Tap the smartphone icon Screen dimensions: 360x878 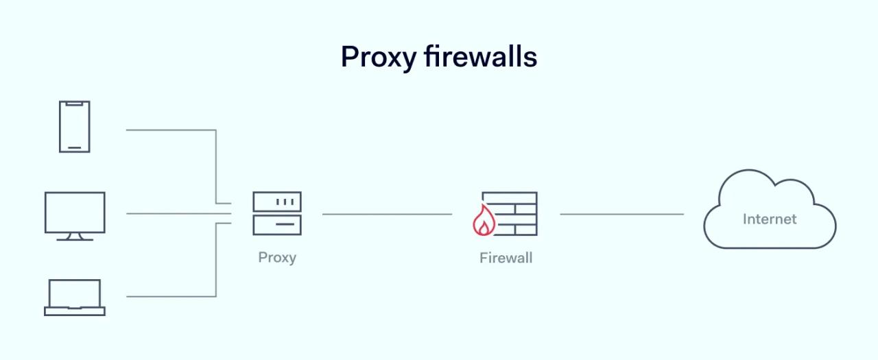click(74, 126)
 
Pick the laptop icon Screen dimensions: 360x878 click(75, 297)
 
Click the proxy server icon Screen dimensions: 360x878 click(277, 213)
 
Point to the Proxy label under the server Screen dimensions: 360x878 click(277, 258)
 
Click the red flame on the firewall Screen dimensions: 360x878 click(484, 221)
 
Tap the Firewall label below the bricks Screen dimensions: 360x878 click(506, 259)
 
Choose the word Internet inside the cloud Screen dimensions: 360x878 click(770, 219)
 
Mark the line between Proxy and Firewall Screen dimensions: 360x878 click(387, 214)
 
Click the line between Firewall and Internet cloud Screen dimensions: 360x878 click(621, 214)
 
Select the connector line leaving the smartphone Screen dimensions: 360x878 click(171, 130)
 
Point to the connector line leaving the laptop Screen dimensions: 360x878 click(171, 296)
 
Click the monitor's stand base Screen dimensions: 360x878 click(75, 239)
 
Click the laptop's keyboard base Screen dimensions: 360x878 click(75, 311)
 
